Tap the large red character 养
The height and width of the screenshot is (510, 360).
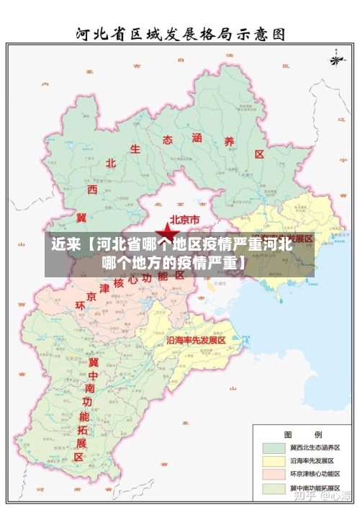230,142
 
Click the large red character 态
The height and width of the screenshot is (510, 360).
168,140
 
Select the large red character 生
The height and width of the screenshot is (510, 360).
135,149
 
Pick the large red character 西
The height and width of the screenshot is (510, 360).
92,189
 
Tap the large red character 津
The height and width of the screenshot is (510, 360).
103,288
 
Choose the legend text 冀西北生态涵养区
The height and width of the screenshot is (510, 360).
315,447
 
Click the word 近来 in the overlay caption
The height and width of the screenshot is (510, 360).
66,243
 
